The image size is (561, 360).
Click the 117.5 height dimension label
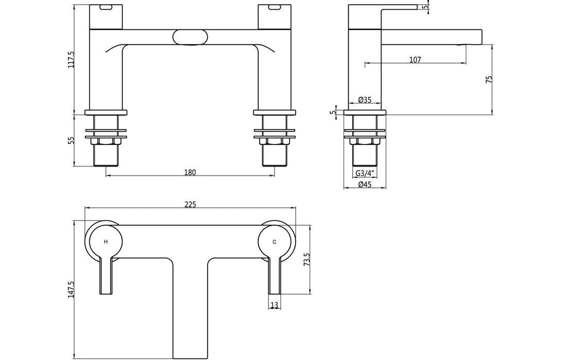click(73, 59)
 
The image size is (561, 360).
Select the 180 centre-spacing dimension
click(190, 172)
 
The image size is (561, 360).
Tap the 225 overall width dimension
click(190, 205)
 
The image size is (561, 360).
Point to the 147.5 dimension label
click(72, 289)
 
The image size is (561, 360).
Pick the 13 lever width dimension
click(274, 305)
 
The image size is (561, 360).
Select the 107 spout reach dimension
click(415, 60)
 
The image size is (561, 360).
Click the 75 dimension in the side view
click(490, 80)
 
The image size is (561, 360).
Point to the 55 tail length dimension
click(73, 140)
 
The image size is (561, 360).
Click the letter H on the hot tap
click(106, 241)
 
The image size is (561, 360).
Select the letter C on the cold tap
click(274, 241)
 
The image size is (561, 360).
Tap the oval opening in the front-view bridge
click(190, 37)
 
